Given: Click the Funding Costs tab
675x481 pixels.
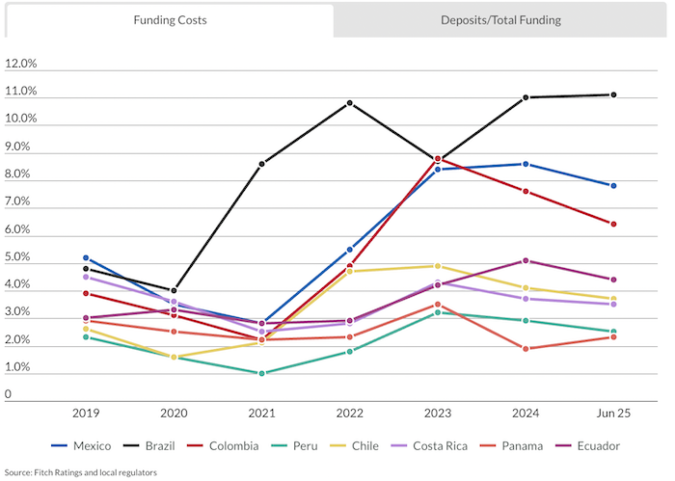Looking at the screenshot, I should (170, 20).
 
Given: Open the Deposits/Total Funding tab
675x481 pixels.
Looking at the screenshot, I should (500, 20).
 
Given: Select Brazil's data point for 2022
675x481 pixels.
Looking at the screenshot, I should (349, 102).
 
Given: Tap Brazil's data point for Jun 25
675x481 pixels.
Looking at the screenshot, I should (613, 94).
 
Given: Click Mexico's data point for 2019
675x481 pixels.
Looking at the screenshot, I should (86, 258).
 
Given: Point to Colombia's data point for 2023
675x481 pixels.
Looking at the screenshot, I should (438, 158).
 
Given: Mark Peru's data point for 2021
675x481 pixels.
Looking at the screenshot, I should (261, 373).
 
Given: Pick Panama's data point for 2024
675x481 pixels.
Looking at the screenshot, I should (526, 349).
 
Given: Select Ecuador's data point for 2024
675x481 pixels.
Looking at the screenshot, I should (526, 260).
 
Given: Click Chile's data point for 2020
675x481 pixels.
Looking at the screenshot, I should (174, 357).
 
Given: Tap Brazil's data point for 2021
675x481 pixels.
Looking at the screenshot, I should (261, 164).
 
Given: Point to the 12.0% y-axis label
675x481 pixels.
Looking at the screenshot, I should (21, 65).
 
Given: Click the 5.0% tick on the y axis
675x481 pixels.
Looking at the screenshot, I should (21, 257).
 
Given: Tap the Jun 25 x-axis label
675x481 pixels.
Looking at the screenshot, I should (613, 412).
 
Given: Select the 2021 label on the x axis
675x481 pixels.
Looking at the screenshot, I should (261, 412).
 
